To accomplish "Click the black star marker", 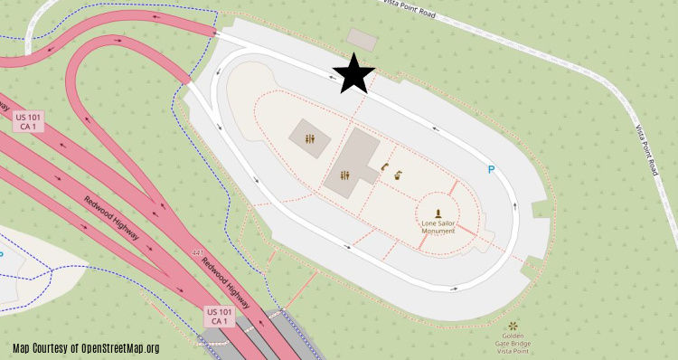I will click(x=354, y=74).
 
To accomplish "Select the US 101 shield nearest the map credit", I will click(x=219, y=316).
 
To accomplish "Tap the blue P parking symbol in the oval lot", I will click(x=492, y=169).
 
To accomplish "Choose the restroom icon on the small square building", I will click(x=310, y=140).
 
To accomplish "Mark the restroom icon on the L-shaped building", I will click(x=344, y=175).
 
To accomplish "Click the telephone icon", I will click(x=384, y=166).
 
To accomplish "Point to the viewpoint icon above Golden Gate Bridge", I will click(x=513, y=324).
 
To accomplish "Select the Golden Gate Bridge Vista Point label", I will click(x=513, y=343).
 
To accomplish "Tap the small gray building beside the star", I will click(x=363, y=39).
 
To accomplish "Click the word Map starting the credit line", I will click(x=21, y=348).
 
